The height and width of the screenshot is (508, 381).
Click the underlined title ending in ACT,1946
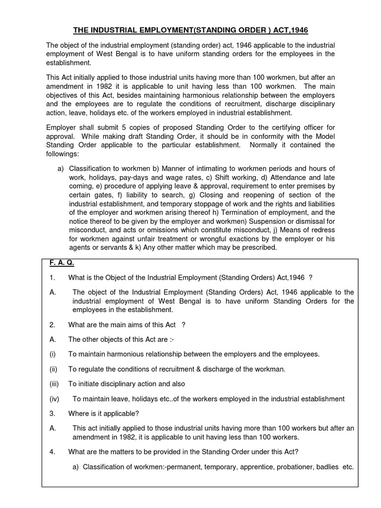point(190,30)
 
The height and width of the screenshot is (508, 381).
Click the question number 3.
point(52,413)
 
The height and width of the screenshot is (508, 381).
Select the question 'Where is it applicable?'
point(103,413)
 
